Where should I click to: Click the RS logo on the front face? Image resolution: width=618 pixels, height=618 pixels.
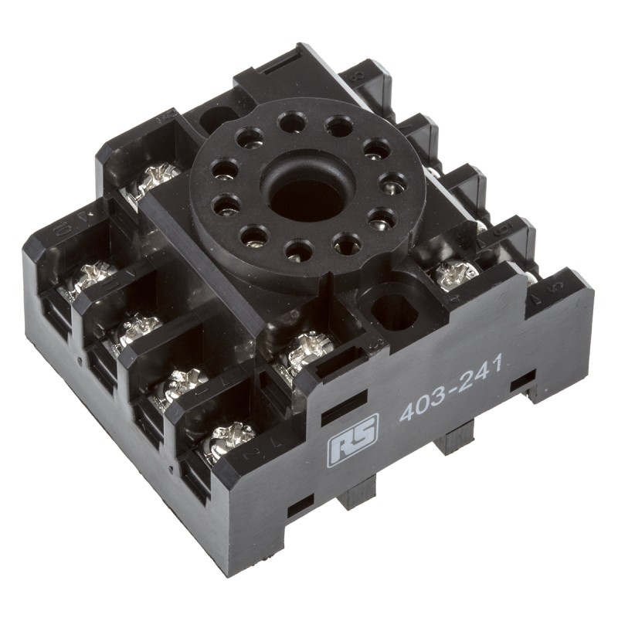click(x=353, y=441)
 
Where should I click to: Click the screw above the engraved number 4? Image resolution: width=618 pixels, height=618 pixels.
click(x=456, y=272)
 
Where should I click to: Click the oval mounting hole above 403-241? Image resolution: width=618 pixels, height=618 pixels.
click(x=392, y=309)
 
